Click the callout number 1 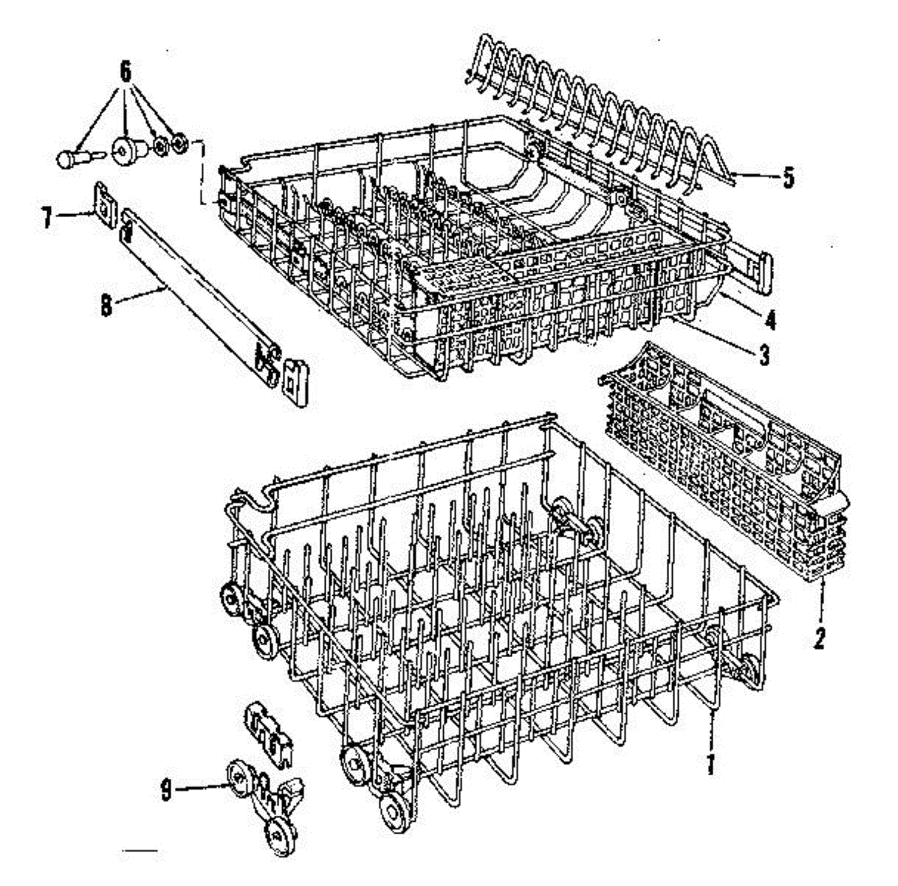point(710,764)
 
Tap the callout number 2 point(819,638)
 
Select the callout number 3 point(763,355)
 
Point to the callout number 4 point(771,321)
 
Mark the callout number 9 point(165,789)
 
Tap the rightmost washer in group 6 point(179,143)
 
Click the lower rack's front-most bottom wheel point(392,811)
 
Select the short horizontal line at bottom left point(140,851)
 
